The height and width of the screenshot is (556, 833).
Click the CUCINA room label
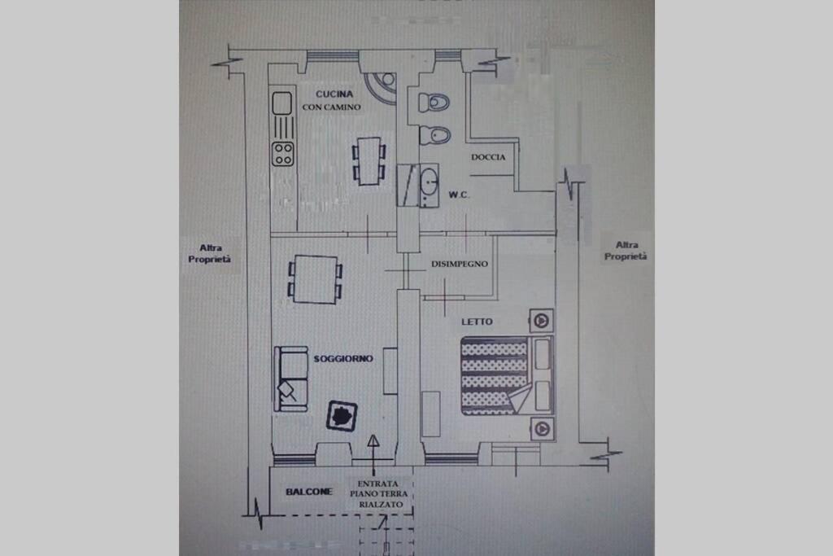click(x=334, y=94)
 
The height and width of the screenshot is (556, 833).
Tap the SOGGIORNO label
click(x=343, y=359)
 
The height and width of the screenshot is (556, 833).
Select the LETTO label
click(x=477, y=322)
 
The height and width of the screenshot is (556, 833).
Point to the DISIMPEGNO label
click(x=460, y=264)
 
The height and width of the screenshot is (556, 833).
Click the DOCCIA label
click(x=488, y=157)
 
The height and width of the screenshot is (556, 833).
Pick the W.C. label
click(x=459, y=195)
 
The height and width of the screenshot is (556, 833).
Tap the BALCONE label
click(x=308, y=492)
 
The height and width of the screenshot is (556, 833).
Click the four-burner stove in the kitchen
click(x=282, y=154)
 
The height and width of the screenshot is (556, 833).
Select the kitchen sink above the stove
click(x=282, y=103)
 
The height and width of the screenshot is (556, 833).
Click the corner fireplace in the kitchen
click(x=382, y=85)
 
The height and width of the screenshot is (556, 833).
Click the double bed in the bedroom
click(x=507, y=375)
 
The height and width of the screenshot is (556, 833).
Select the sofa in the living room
click(x=290, y=379)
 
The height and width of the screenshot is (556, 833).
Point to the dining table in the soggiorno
click(x=316, y=279)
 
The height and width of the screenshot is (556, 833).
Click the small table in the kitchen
click(x=369, y=161)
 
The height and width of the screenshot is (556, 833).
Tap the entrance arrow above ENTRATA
click(x=373, y=455)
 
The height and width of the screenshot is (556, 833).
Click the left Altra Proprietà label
click(x=209, y=253)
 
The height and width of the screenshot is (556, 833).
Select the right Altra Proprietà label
click(x=626, y=251)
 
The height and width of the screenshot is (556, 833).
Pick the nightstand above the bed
click(x=541, y=321)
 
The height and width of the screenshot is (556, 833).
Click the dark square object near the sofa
click(x=342, y=415)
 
